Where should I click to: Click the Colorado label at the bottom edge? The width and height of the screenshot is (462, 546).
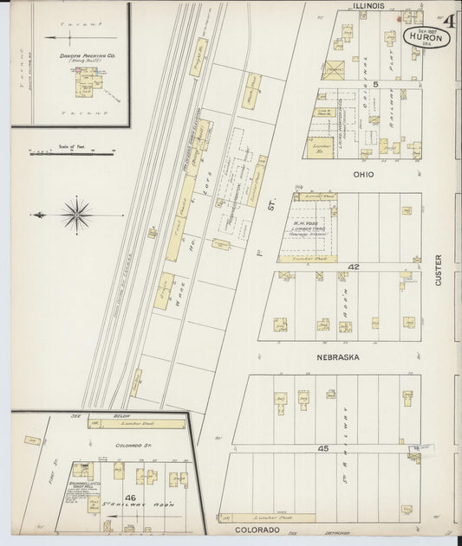(x=253, y=529)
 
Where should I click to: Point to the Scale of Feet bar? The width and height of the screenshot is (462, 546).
(x=73, y=154)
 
